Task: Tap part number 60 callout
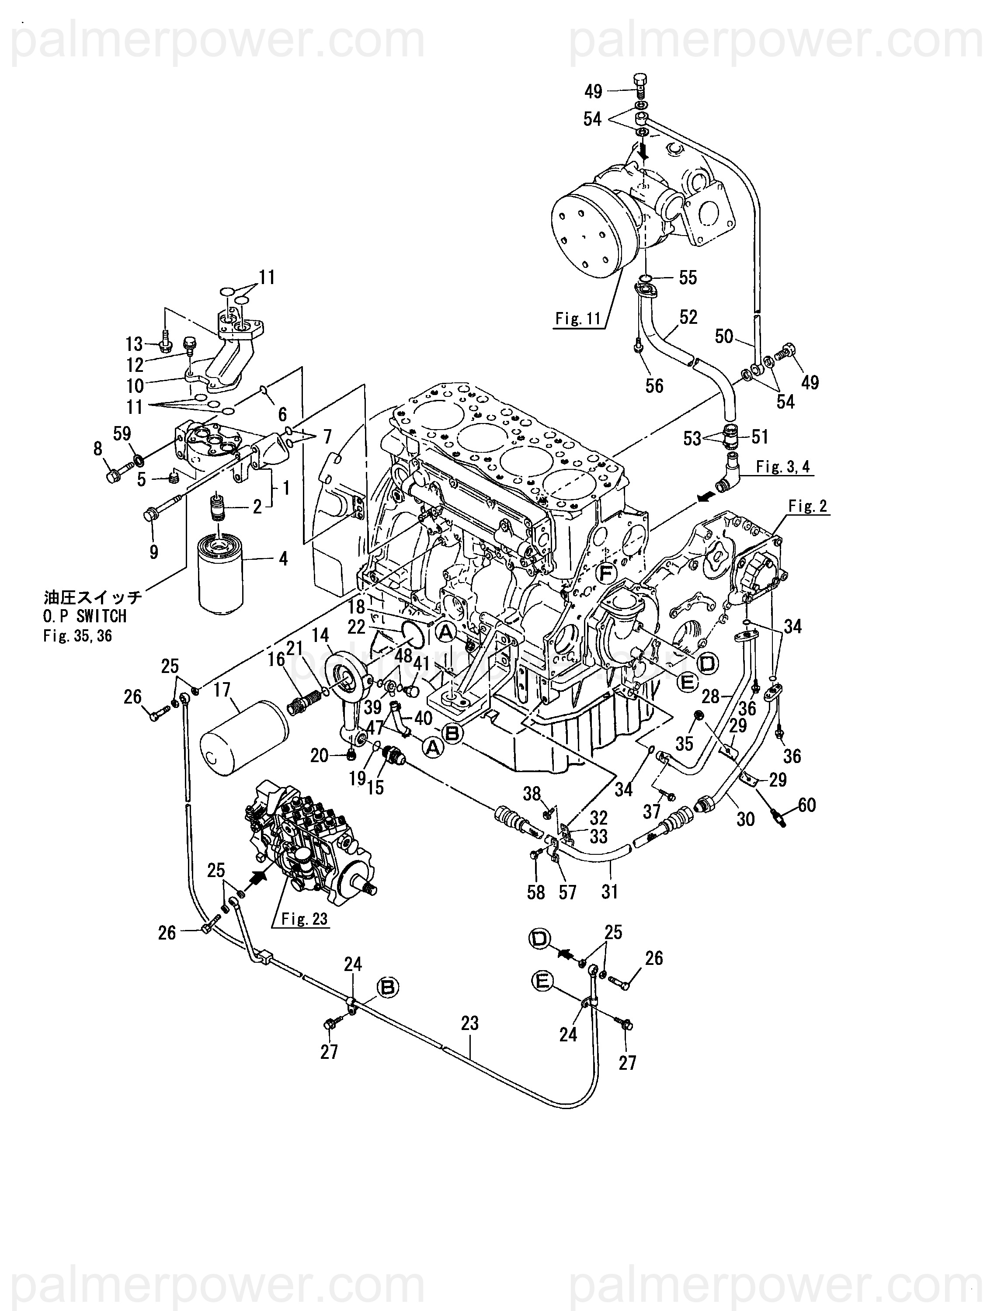807,805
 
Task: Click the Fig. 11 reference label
578,319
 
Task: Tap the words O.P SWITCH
85,616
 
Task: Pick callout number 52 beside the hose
688,317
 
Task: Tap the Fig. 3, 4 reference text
783,467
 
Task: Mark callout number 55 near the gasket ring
688,277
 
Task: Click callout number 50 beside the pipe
724,336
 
